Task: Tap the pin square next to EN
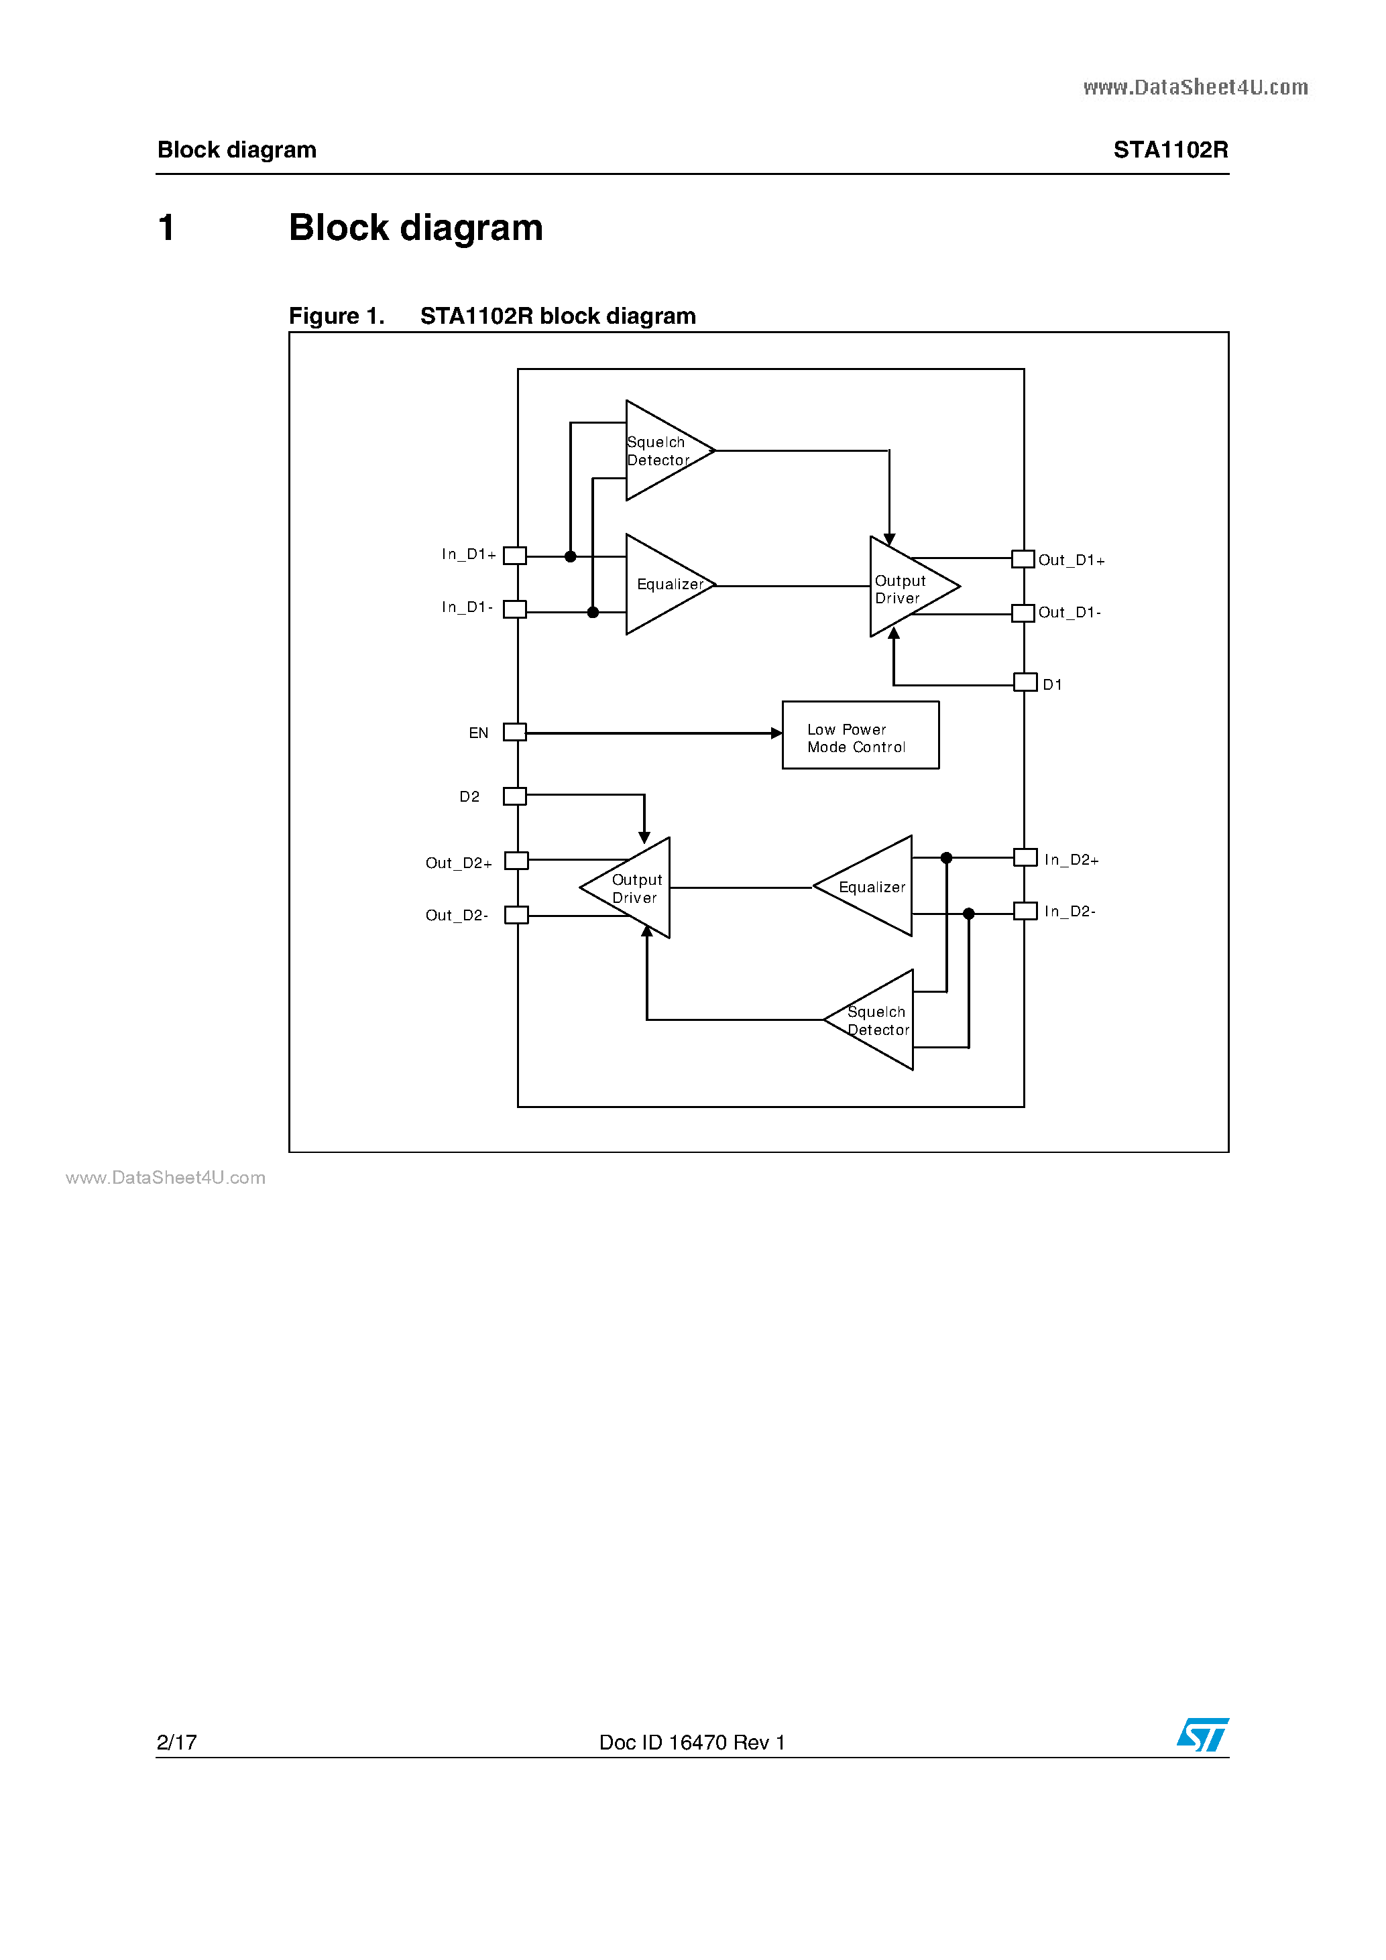pyautogui.click(x=514, y=731)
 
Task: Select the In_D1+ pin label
pyautogui.click(x=468, y=554)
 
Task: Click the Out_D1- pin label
pyautogui.click(x=1070, y=612)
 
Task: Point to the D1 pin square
pyautogui.click(x=1025, y=682)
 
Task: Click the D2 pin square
pyautogui.click(x=514, y=796)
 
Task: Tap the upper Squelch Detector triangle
pyautogui.click(x=662, y=450)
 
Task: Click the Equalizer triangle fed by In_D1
pyautogui.click(x=662, y=585)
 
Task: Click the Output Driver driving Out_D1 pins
pyautogui.click(x=905, y=587)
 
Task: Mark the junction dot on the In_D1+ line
pyautogui.click(x=571, y=556)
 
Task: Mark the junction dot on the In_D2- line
pyautogui.click(x=968, y=914)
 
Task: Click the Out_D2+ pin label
pyautogui.click(x=459, y=863)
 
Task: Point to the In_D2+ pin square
pyautogui.click(x=1025, y=857)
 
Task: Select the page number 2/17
pyautogui.click(x=177, y=1742)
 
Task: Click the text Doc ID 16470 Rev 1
pyautogui.click(x=692, y=1742)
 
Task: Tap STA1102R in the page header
pyautogui.click(x=1170, y=150)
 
